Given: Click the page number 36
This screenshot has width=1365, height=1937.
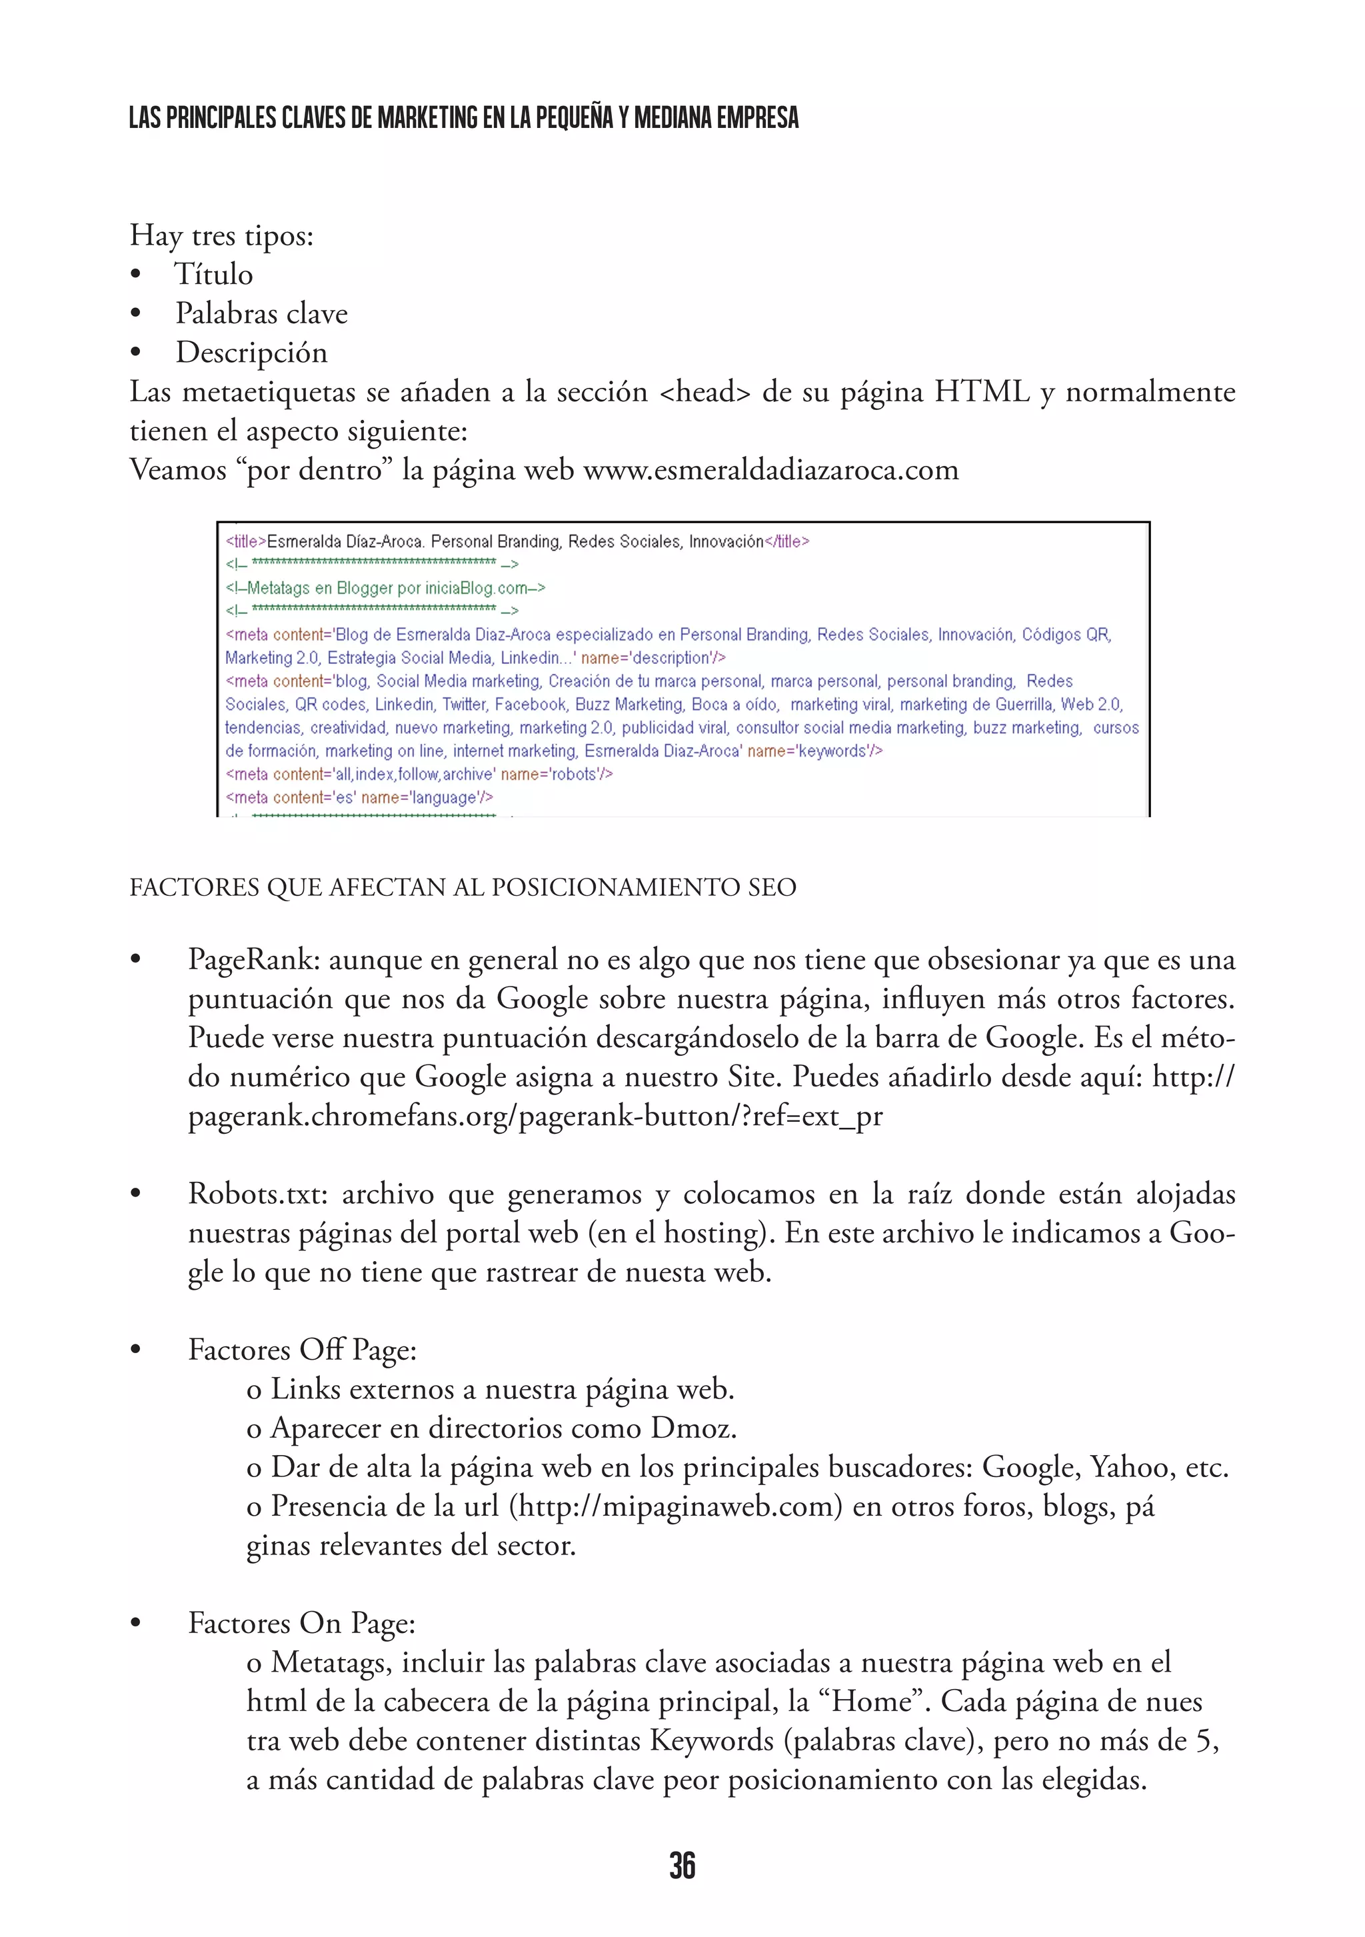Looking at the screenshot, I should tap(682, 1864).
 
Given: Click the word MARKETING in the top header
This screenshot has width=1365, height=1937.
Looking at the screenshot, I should tap(428, 117).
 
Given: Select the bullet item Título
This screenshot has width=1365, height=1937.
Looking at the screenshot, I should tap(213, 274).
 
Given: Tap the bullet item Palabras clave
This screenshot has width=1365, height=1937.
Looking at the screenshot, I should tap(261, 314).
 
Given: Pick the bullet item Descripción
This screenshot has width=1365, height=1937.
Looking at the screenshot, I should tap(251, 353).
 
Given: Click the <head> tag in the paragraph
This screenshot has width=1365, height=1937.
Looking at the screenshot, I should tap(704, 393).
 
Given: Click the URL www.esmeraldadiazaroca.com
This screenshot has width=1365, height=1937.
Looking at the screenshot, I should tap(770, 470).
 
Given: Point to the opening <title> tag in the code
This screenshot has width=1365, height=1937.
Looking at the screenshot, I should tap(245, 542).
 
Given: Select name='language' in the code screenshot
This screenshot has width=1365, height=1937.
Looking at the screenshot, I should tap(426, 797).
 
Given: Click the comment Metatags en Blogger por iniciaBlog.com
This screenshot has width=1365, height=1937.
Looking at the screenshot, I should tap(385, 588).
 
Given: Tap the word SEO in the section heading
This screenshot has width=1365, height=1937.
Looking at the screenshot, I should tap(772, 887).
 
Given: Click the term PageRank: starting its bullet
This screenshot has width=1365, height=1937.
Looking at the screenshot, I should tap(254, 960).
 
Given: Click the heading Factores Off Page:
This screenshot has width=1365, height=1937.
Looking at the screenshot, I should tap(302, 1350).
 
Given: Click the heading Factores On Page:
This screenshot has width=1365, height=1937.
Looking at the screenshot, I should tap(301, 1623).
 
